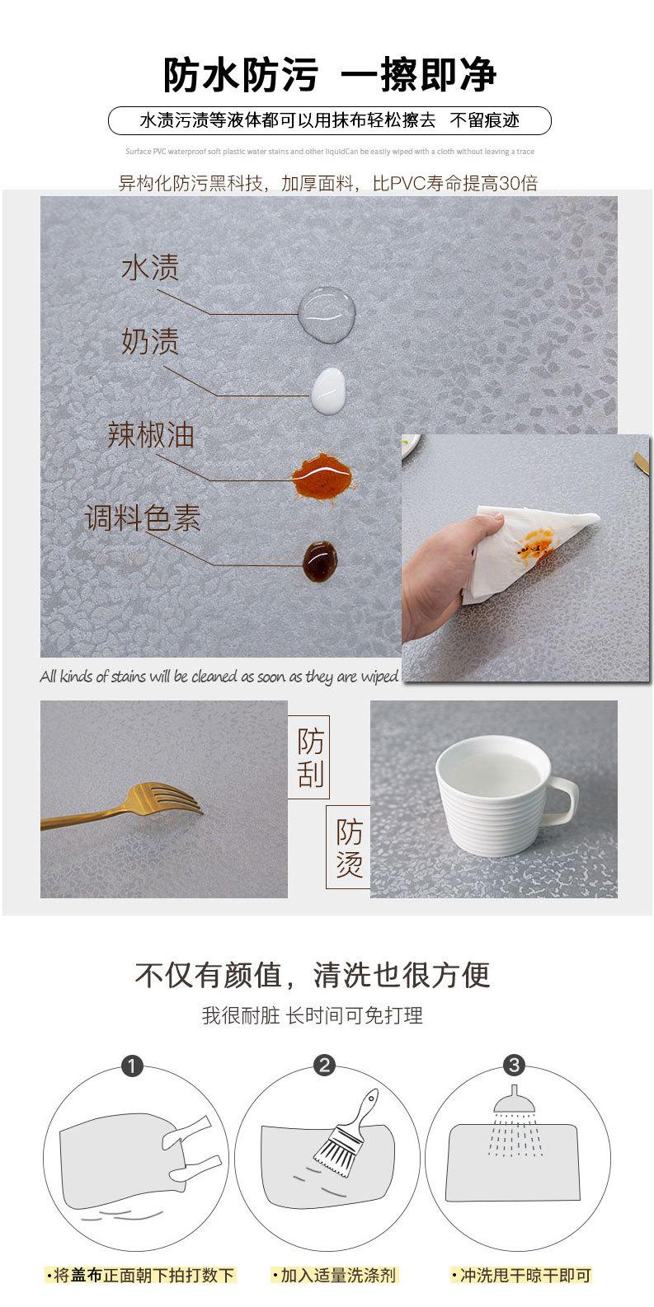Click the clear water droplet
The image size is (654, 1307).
coord(328,314)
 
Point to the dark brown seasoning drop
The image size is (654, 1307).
coord(320,560)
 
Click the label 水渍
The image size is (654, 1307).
coord(150,268)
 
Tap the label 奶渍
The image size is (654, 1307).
coord(150,341)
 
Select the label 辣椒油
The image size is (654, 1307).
coord(151,435)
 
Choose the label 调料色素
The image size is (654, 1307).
coord(144,518)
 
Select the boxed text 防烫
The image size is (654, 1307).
coord(348,848)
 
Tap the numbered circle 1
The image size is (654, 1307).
coord(132,1066)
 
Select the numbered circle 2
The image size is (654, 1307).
coord(325,1066)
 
